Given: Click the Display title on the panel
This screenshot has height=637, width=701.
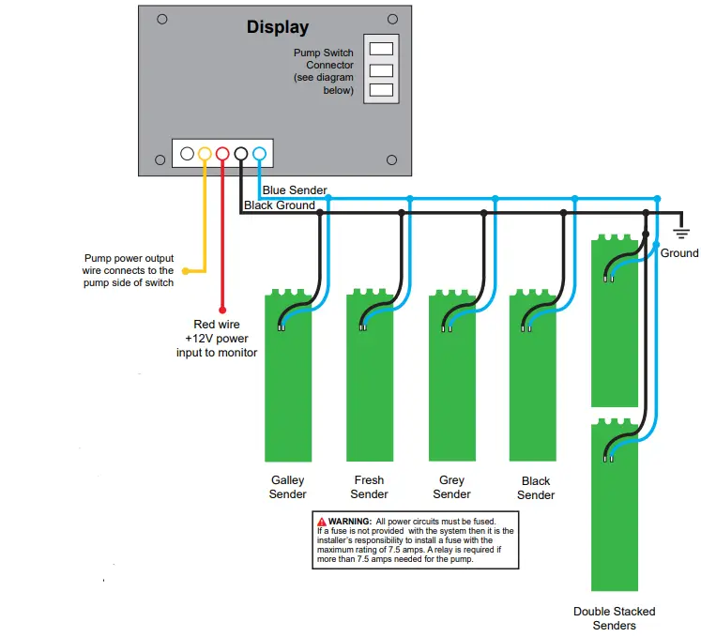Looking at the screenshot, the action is pos(278,28).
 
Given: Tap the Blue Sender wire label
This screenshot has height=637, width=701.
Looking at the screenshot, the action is pos(295,190).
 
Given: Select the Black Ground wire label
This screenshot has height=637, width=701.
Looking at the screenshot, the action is pos(280,205).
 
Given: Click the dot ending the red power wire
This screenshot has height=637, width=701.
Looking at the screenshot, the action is pos(222,310).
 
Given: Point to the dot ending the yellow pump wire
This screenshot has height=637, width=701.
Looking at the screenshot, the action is pos(186,271).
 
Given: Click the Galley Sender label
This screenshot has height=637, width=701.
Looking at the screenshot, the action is pos(287,487).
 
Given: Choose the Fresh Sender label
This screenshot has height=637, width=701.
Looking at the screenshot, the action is pos(370,487).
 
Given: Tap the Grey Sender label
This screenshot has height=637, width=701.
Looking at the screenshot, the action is pos(451,487).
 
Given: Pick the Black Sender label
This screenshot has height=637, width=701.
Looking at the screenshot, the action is pos(536,488).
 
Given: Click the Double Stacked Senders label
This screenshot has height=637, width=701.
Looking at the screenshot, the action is pos(615,618).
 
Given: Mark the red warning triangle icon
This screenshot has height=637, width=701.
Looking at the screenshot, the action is pos(322,522).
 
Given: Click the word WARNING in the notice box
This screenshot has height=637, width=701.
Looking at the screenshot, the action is pos(350,522).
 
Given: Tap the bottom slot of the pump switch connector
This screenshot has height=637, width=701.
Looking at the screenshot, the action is pos(381,90).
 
